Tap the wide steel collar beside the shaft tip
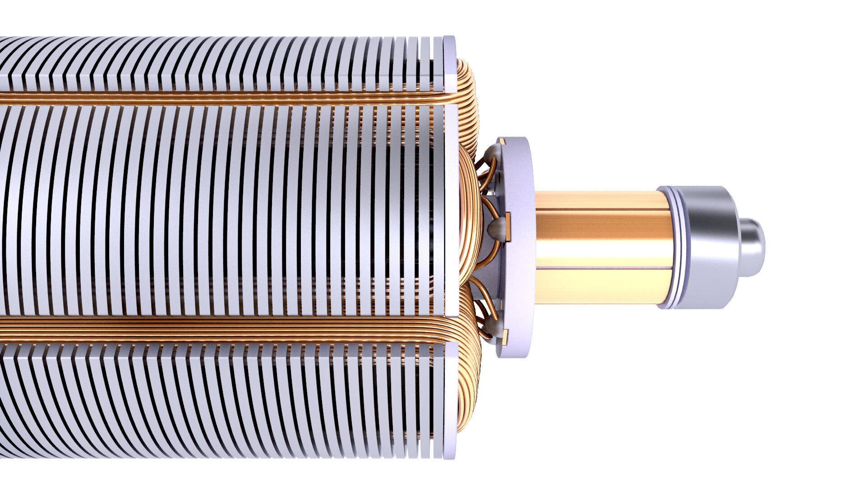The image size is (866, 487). coord(708,248)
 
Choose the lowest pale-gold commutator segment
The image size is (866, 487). coord(602,286)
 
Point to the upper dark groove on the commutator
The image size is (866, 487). coord(602,209)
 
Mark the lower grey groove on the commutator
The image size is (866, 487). coord(602,268)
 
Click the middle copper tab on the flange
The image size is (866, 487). coord(508,225)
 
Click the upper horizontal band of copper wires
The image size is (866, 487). coord(226,98)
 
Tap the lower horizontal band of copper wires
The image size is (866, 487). coord(226,329)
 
